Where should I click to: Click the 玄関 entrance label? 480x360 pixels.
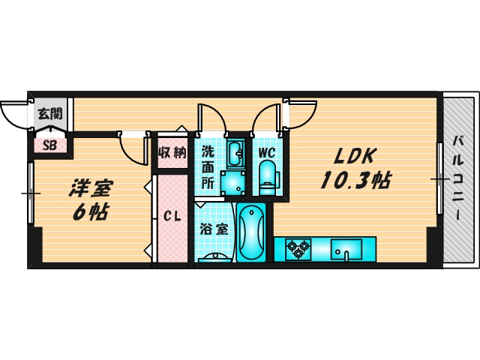pos(49,115)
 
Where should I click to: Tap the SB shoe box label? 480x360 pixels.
pos(49,145)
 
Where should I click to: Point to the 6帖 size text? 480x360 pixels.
pos(90,211)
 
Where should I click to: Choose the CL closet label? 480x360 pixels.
pos(172,217)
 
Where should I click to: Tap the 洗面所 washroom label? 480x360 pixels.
pos(208,166)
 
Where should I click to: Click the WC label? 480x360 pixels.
pos(268,152)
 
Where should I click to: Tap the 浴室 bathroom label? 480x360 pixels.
pos(214,229)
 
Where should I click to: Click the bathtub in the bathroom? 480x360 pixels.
pos(251,232)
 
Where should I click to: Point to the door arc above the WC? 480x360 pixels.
pos(267,116)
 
